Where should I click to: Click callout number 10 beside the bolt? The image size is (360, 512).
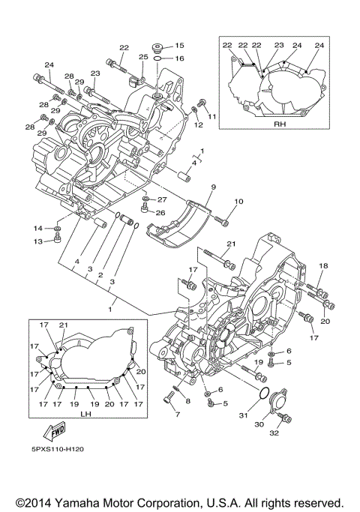click(x=239, y=202)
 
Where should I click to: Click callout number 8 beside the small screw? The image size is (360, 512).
click(x=187, y=401)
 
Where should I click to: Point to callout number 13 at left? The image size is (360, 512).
click(x=37, y=241)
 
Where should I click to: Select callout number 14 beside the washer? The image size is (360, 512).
click(x=37, y=228)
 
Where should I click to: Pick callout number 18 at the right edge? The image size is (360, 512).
click(x=324, y=266)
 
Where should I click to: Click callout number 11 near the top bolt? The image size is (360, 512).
click(x=212, y=116)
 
